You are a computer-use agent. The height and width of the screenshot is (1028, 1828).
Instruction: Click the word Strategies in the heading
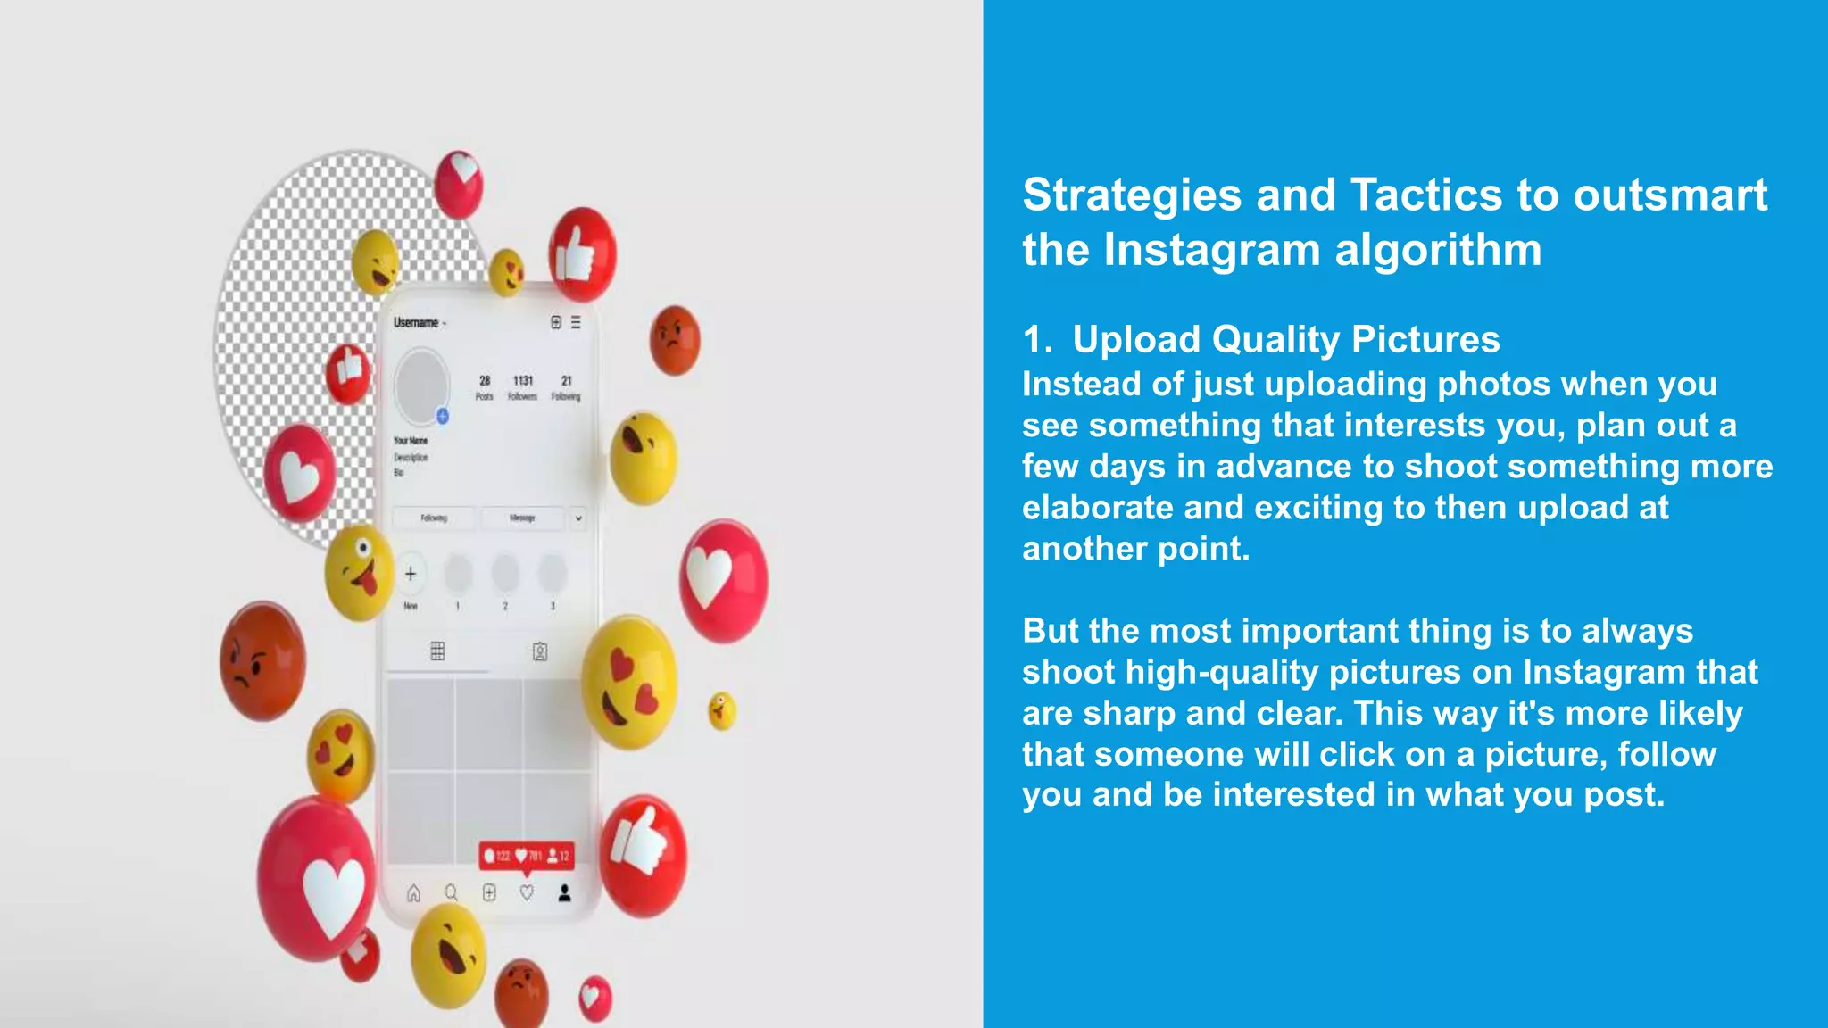coord(1131,195)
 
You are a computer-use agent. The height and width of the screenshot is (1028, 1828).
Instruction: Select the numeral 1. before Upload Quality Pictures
coord(1037,340)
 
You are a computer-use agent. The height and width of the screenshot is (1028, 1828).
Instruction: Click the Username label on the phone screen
coord(416,323)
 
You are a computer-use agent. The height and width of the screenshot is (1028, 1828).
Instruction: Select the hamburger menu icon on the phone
coord(576,322)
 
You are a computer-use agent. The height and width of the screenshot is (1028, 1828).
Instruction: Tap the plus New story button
coord(411,574)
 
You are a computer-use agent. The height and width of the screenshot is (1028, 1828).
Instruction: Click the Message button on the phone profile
coord(522,518)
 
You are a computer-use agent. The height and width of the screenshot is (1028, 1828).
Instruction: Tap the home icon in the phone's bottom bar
coord(414,893)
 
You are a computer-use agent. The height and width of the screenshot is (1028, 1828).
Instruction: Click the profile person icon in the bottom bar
coord(564,893)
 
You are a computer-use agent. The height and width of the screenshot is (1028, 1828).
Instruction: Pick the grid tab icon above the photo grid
coord(437,651)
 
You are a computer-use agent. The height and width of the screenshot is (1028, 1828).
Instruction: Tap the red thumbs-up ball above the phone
coord(582,255)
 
